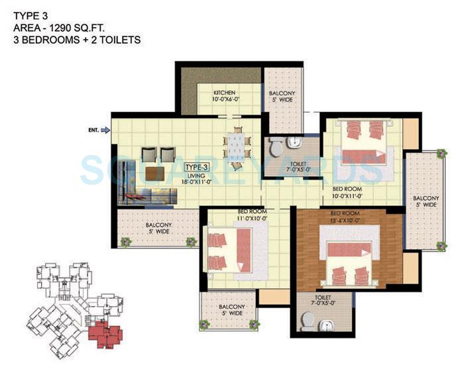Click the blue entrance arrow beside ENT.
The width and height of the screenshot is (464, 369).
(x=104, y=131)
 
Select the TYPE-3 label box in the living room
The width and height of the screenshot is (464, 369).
(x=196, y=168)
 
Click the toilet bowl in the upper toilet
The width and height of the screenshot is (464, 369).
(x=276, y=149)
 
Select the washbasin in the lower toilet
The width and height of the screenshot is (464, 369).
(x=325, y=325)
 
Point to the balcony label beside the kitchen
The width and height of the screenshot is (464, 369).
(x=282, y=97)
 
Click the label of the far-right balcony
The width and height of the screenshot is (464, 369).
(x=425, y=202)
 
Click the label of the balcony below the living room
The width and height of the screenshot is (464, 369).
(x=158, y=229)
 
